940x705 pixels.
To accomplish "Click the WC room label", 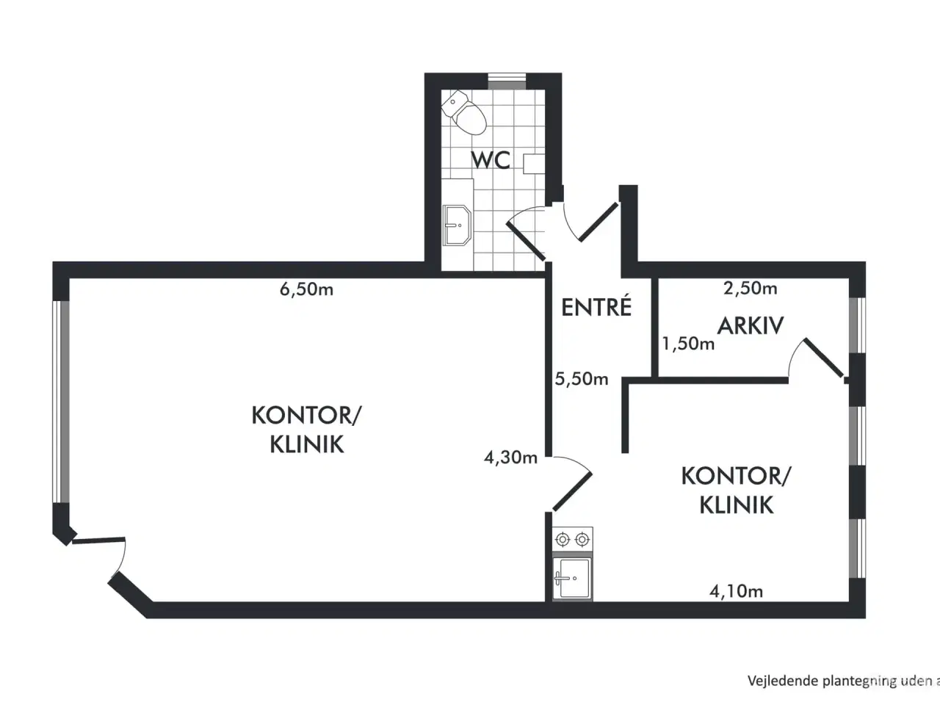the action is click(x=491, y=159).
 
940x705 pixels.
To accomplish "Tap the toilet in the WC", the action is click(x=464, y=112).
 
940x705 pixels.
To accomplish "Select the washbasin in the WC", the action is click(x=457, y=225).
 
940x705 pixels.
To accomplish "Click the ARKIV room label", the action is click(x=751, y=326).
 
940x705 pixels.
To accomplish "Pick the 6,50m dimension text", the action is click(x=307, y=290).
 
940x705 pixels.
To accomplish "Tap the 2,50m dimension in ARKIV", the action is click(x=751, y=289).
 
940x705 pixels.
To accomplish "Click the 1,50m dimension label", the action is click(x=688, y=344).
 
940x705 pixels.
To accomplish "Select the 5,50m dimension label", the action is click(x=582, y=379).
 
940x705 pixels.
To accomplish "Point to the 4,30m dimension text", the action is click(x=510, y=458).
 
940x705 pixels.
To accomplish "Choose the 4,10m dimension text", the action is click(x=736, y=592).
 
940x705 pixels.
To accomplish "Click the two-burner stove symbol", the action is click(x=573, y=539).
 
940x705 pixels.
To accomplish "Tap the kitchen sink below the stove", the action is click(x=573, y=578).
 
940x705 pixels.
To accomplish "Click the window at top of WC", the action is click(x=507, y=82).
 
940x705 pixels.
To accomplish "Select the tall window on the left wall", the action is click(x=61, y=402).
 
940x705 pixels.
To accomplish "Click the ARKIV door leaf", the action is click(x=824, y=358).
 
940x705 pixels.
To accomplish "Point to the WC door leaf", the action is click(x=526, y=241).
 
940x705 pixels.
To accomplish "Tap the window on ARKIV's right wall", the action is click(x=857, y=325).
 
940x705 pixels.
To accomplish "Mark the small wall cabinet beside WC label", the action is click(x=534, y=164).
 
